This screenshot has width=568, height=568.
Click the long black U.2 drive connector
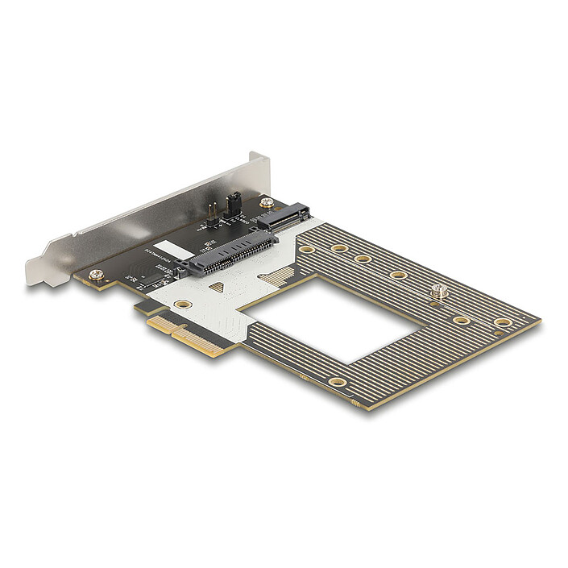[x=228, y=252]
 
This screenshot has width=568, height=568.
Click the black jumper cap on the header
[x=234, y=201]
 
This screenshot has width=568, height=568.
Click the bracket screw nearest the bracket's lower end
[x=96, y=275]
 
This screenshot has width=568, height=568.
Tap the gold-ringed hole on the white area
[x=183, y=305]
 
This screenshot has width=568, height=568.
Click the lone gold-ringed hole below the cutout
[x=338, y=381]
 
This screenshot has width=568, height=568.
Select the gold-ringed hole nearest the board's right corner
[x=502, y=322]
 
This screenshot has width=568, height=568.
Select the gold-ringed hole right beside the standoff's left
[x=398, y=276]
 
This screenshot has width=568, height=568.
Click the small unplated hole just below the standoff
[x=436, y=306]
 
